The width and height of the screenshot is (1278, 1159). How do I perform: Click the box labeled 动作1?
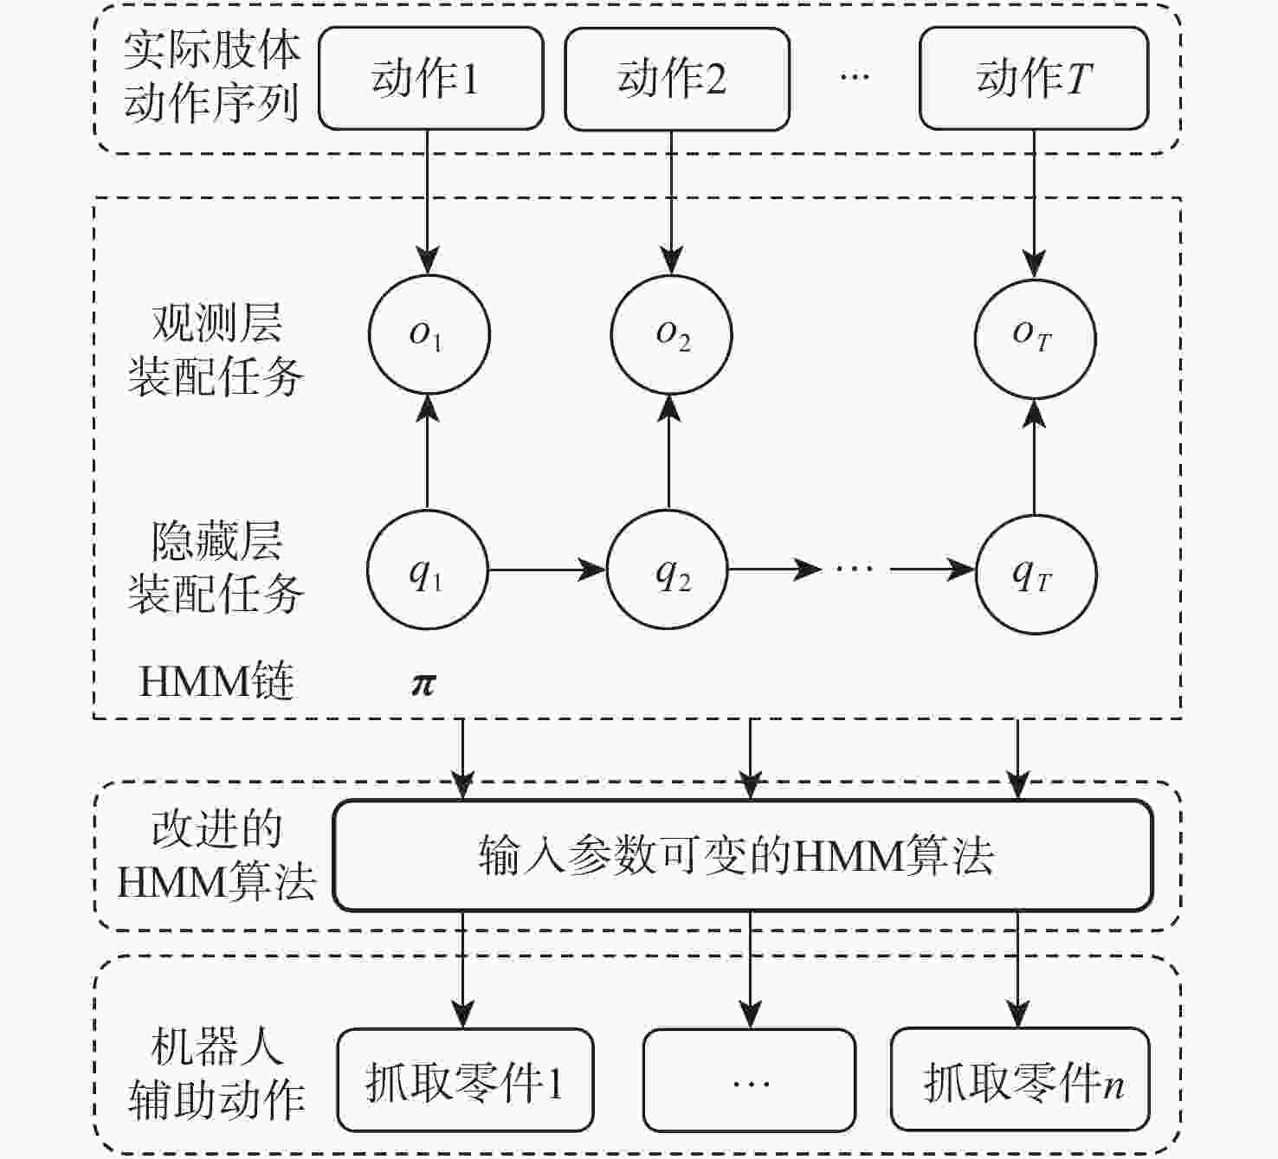(430, 79)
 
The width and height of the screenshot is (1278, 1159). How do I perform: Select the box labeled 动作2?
(676, 79)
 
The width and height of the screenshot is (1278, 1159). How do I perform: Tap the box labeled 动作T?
(1033, 79)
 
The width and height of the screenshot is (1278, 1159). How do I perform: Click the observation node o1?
(429, 335)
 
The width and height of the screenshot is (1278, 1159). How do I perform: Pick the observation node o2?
(671, 335)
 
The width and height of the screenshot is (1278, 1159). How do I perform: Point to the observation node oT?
(1035, 338)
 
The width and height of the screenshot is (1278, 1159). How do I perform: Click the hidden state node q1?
(427, 570)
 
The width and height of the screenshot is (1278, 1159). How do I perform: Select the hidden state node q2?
(667, 570)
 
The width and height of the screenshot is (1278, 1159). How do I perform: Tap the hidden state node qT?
(1036, 574)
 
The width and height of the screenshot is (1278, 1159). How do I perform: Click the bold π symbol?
(423, 684)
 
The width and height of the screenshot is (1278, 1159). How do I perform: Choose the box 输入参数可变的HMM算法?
(743, 855)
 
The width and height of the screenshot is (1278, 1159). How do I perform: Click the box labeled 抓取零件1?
(465, 1080)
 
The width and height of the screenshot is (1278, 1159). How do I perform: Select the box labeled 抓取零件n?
(1020, 1080)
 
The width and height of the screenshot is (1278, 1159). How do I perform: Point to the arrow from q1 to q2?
(546, 570)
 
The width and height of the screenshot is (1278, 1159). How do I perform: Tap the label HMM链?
(216, 682)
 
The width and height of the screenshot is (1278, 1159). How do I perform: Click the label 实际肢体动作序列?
(211, 77)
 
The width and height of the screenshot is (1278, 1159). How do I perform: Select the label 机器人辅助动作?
(216, 1074)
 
